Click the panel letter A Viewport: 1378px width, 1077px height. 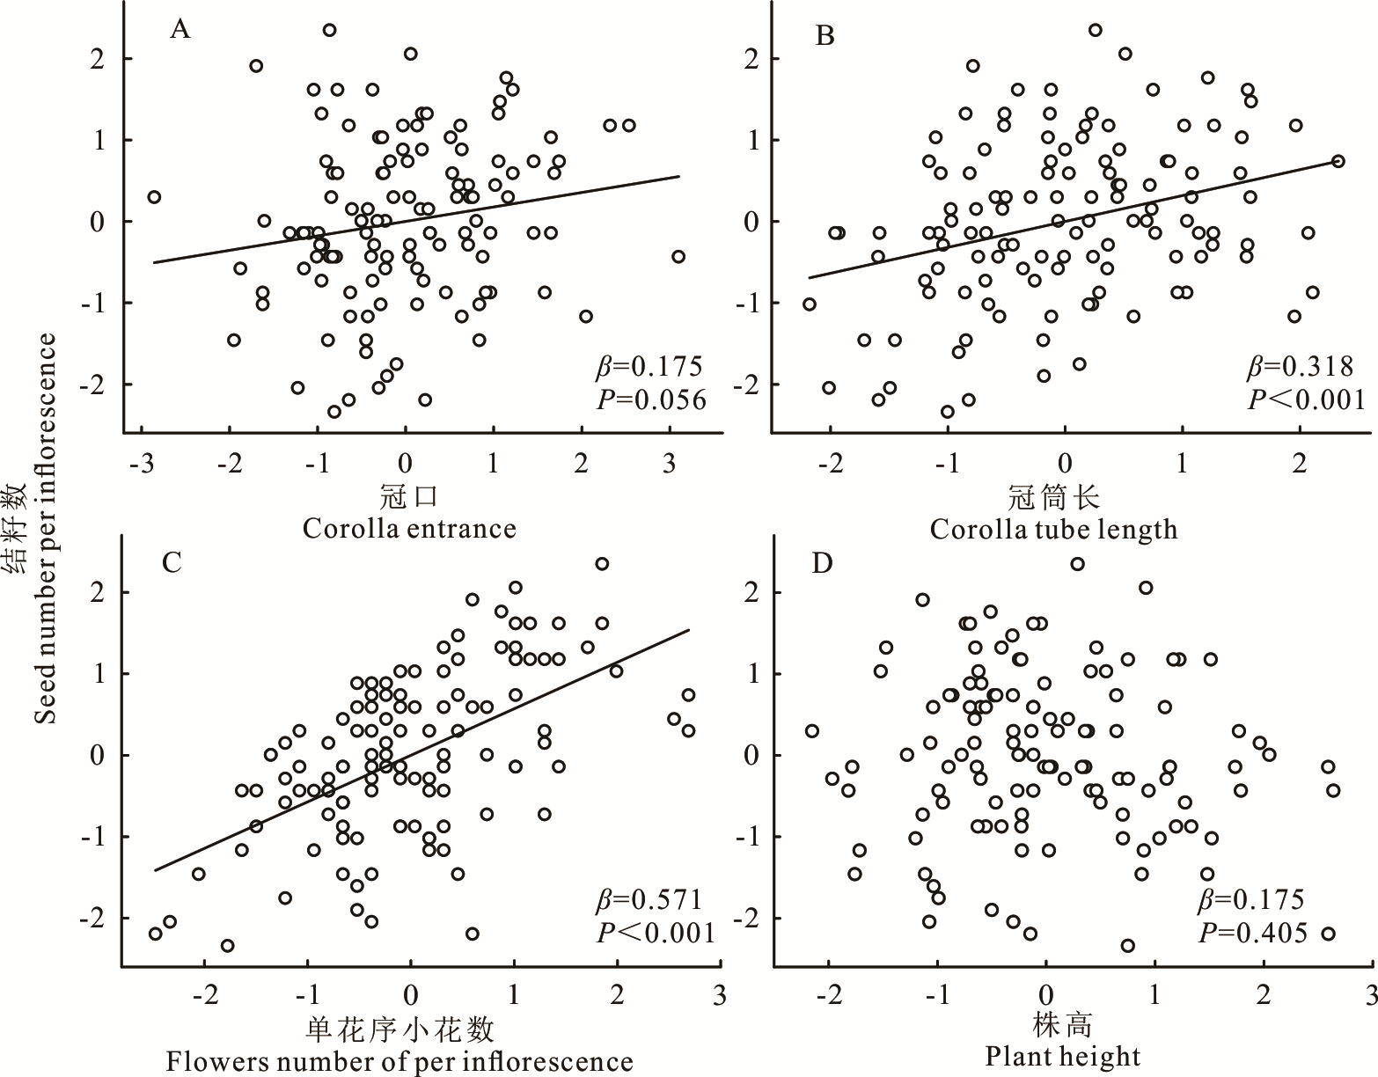[180, 30]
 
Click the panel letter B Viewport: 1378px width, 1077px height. [825, 36]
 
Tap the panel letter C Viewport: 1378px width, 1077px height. [172, 561]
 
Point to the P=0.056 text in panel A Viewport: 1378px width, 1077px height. [651, 400]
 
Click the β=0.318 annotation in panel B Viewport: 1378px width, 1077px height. [1301, 366]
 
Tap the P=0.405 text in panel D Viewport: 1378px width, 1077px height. [1253, 933]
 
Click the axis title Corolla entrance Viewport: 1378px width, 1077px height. [409, 529]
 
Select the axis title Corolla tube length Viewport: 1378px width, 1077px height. [1053, 530]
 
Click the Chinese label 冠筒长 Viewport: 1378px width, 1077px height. [1053, 498]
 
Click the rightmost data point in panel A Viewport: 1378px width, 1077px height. [678, 256]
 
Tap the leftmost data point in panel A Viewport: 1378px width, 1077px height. [154, 197]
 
